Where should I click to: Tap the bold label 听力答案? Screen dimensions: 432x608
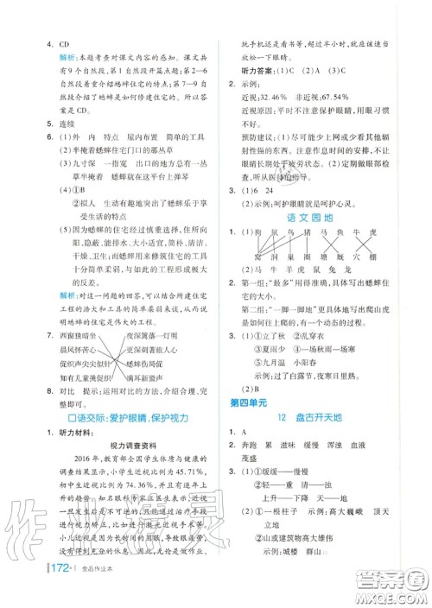[x=251, y=71]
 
